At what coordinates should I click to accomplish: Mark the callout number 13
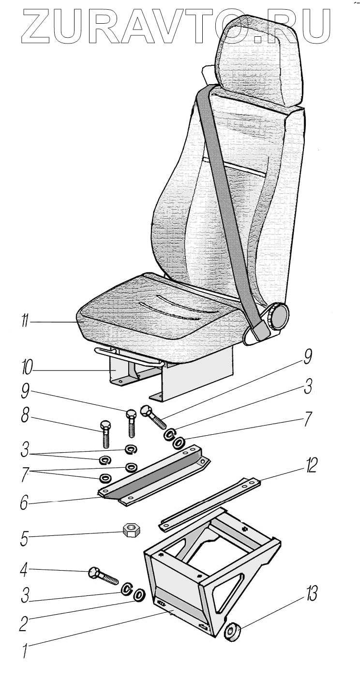[311, 593]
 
